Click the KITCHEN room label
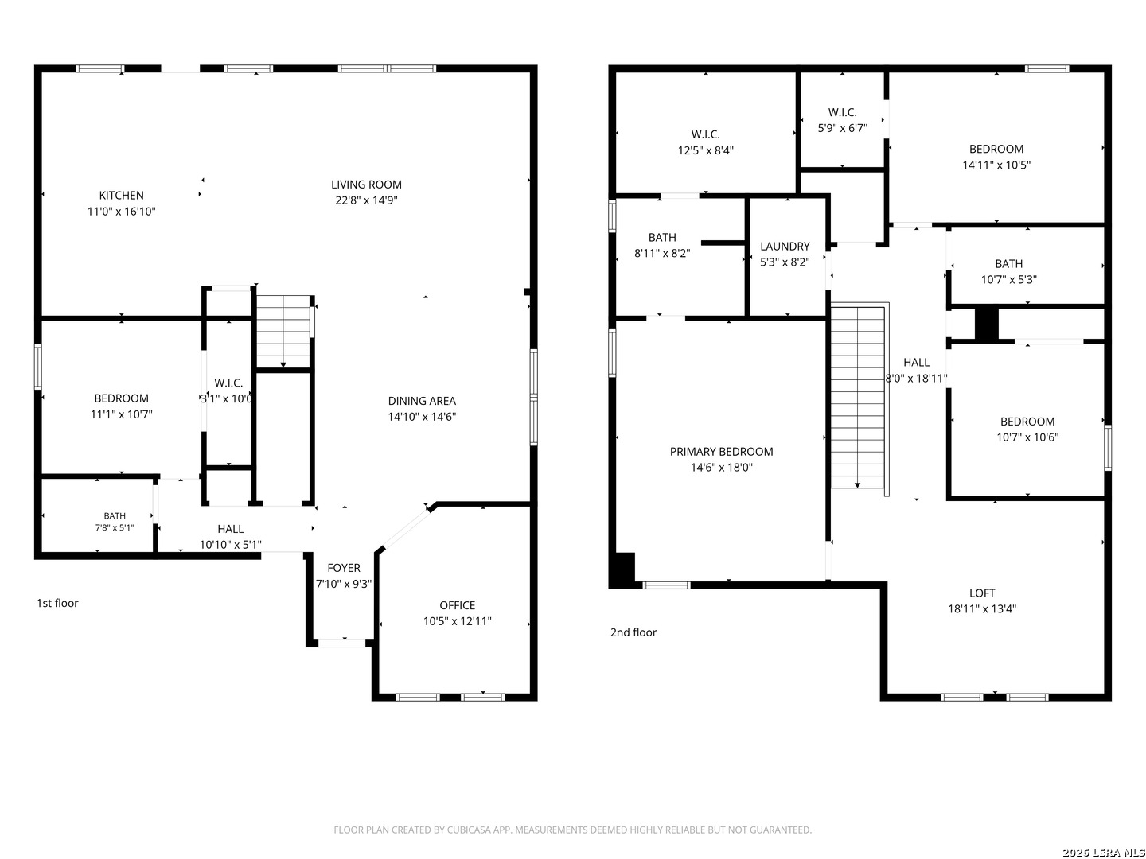tap(121, 195)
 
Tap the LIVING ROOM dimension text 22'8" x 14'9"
tap(366, 200)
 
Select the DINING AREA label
tap(422, 401)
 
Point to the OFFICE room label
tap(457, 605)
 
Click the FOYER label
tap(344, 567)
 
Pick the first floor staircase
tap(283, 332)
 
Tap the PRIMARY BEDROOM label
tap(721, 451)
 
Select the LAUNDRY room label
tap(785, 247)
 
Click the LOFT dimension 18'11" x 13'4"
tap(981, 608)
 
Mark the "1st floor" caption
tap(57, 603)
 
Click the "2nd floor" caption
tap(633, 632)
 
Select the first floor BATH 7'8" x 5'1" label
tap(115, 522)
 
